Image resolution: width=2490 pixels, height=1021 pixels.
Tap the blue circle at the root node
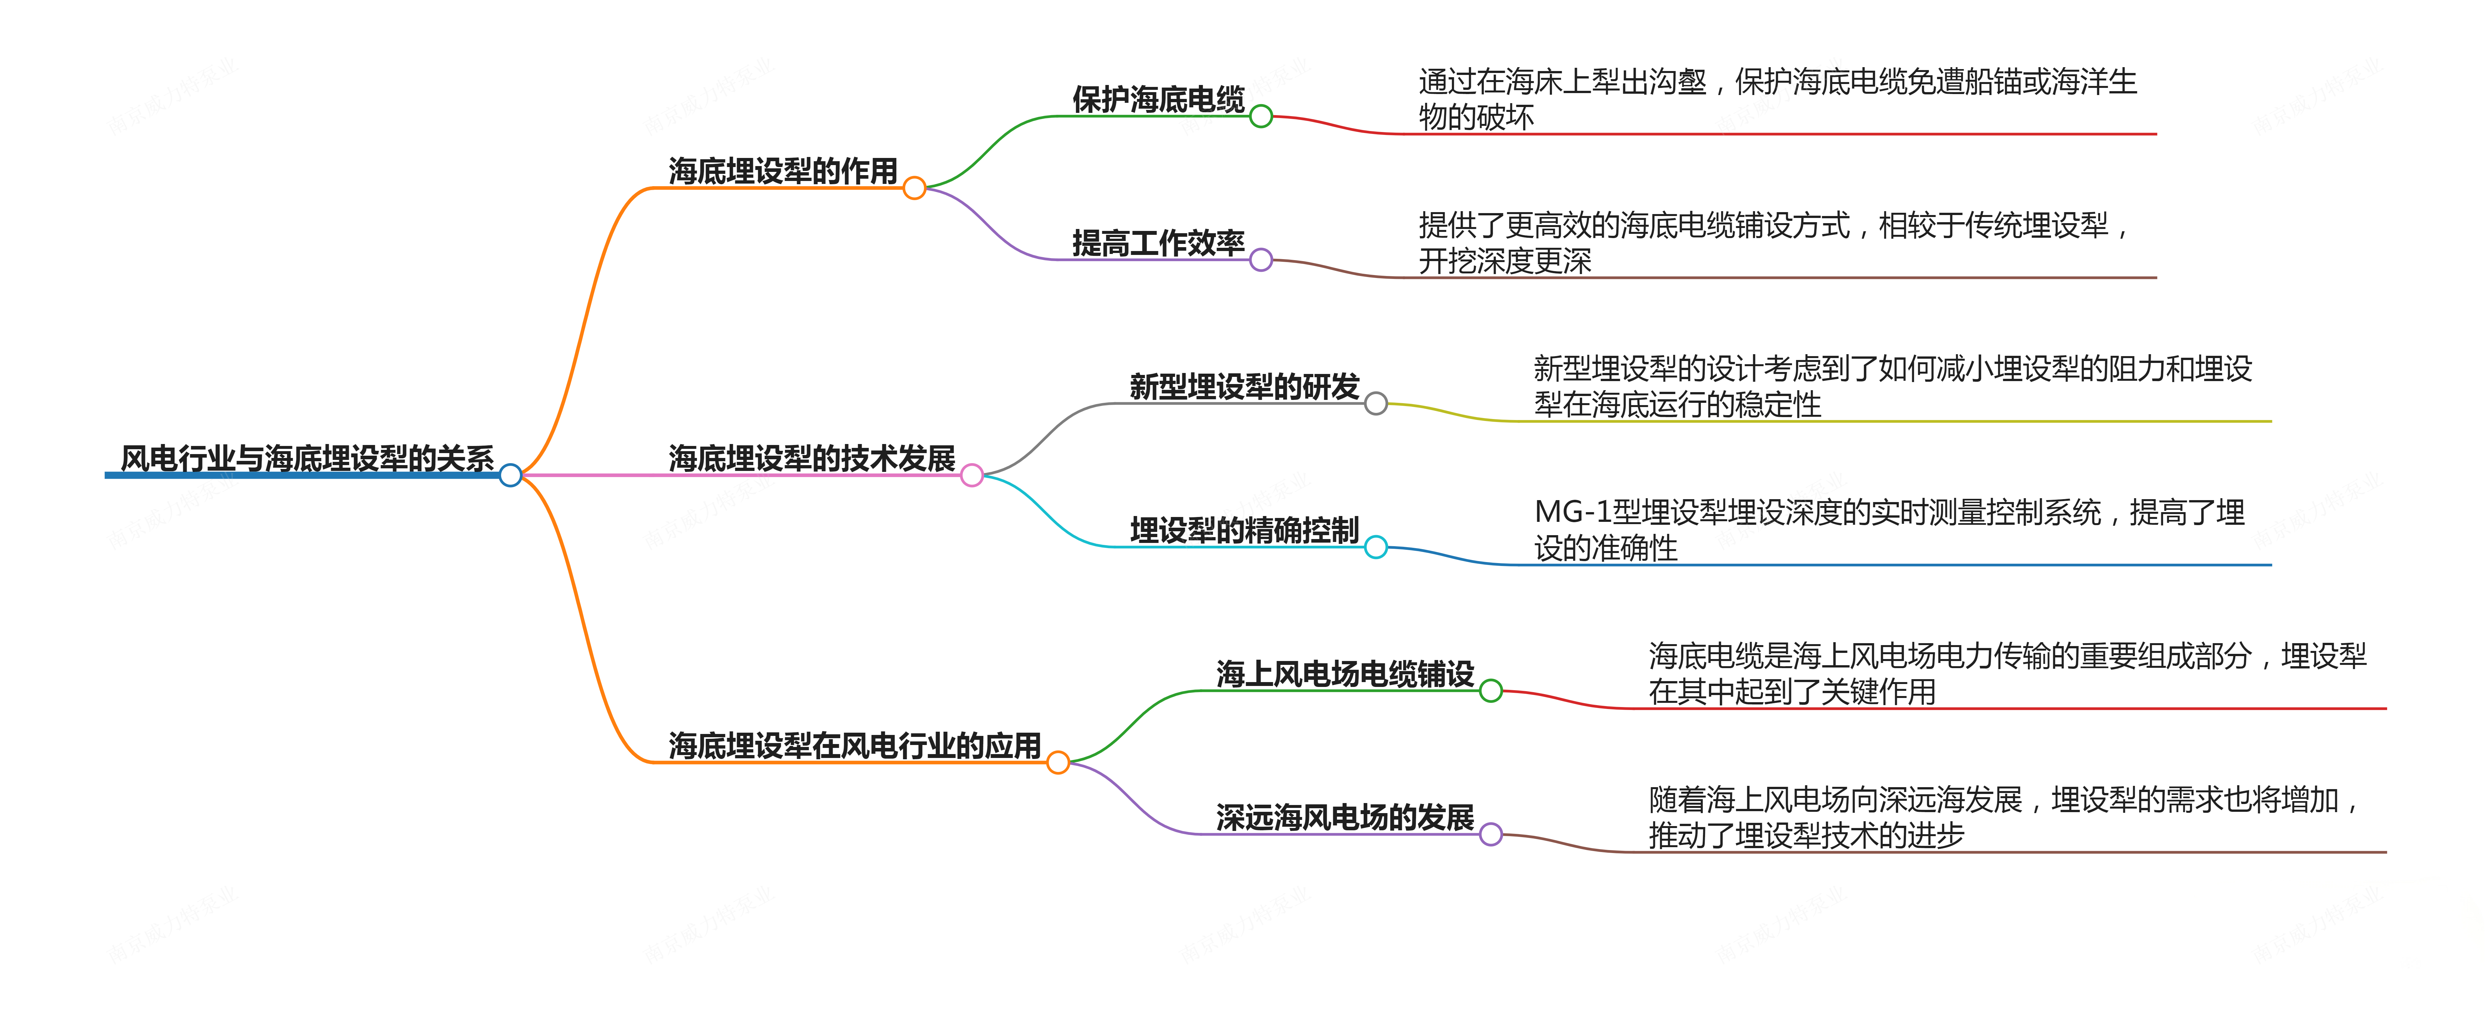[510, 475]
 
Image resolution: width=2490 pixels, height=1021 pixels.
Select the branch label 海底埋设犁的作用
[783, 171]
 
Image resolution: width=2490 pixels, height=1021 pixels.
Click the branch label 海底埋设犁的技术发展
[812, 458]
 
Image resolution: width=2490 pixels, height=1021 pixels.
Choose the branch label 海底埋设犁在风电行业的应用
[854, 745]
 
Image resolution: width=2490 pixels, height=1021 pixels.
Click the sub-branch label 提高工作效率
[1158, 243]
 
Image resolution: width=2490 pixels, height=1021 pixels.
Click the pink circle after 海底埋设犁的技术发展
[972, 475]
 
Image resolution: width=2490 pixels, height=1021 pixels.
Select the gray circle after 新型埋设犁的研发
[1375, 403]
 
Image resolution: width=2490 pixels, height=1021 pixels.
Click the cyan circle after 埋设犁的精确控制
[1375, 547]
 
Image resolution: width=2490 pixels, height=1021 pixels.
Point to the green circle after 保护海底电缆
[1261, 116]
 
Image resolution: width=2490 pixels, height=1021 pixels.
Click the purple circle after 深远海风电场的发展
[1491, 834]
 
